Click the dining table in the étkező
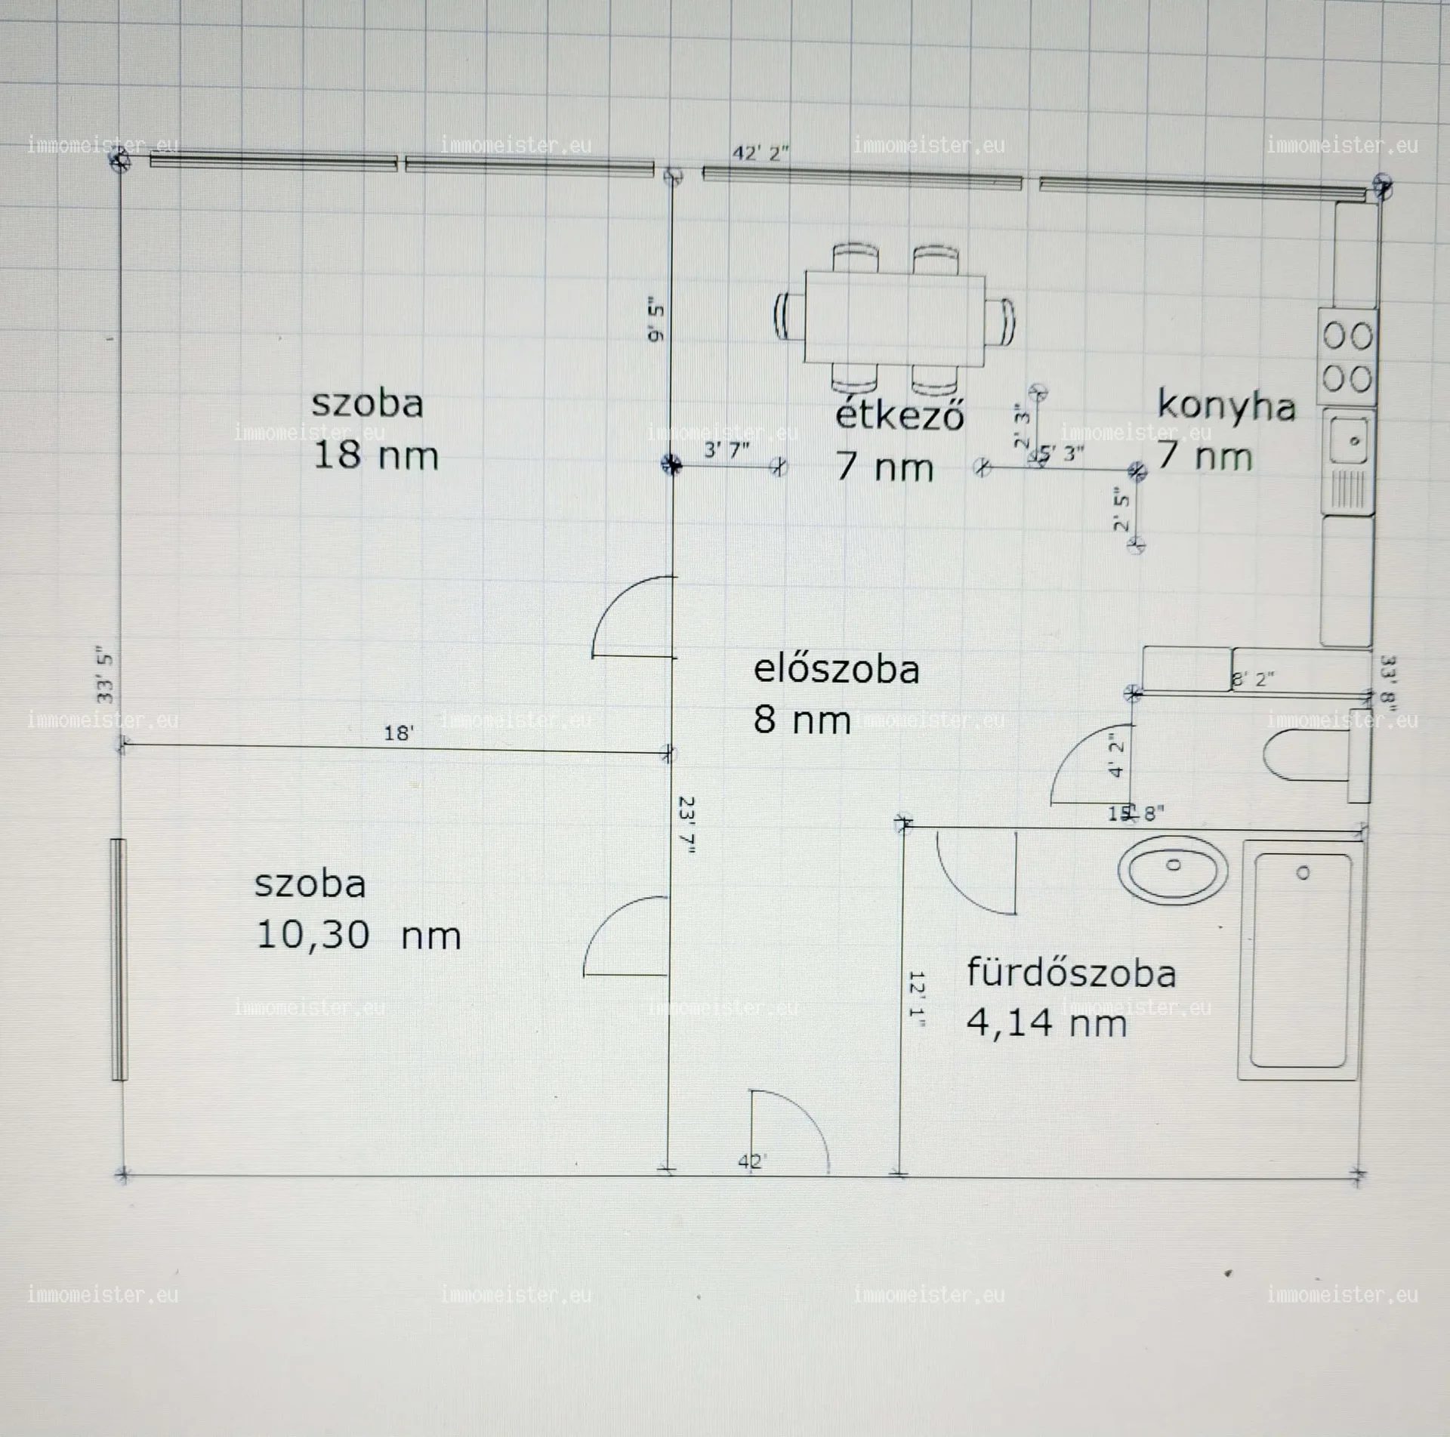[894, 319]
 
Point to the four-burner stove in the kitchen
[1347, 356]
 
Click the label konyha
[1226, 406]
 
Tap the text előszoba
[836, 670]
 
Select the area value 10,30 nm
[358, 936]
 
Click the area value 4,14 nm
[1046, 1024]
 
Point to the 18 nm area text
[375, 456]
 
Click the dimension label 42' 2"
[760, 153]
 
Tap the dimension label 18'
[398, 733]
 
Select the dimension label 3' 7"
[727, 451]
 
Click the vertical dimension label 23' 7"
[686, 825]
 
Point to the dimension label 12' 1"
[917, 1000]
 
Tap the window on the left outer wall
[119, 959]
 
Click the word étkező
[899, 415]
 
